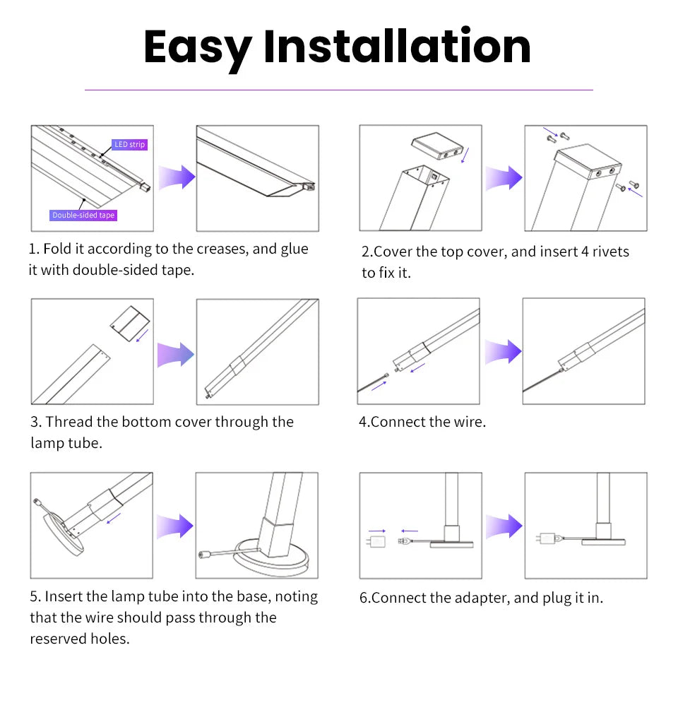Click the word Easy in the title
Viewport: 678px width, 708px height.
(197, 47)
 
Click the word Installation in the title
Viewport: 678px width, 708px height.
(397, 47)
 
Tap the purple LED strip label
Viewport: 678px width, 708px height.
(130, 144)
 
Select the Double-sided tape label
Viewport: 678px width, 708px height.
(83, 215)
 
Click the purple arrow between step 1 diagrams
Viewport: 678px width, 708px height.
(177, 178)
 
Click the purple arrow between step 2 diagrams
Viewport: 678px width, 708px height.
(504, 178)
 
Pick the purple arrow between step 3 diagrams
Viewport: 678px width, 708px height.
(175, 353)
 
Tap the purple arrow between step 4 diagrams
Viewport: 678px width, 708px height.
(503, 351)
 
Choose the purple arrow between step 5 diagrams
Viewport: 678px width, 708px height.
(175, 526)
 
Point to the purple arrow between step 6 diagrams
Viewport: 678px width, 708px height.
(504, 526)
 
